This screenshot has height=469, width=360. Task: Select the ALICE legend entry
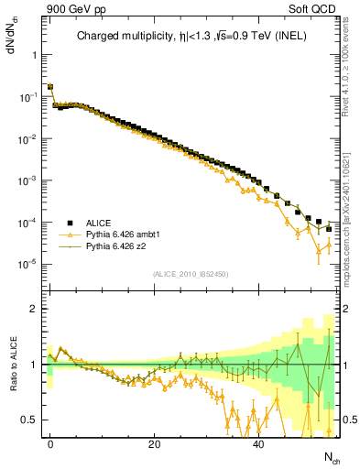[x=98, y=223]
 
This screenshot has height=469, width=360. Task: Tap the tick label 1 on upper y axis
[x=33, y=54]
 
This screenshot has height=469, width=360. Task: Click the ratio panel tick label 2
[x=33, y=309]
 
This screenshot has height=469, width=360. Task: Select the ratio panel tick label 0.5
[x=29, y=420]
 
